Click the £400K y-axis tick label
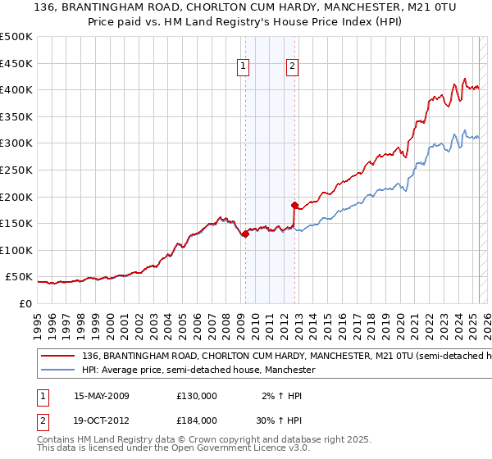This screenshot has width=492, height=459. (x=16, y=89)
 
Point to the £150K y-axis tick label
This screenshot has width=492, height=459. (x=16, y=223)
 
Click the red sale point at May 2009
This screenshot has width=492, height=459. (x=245, y=234)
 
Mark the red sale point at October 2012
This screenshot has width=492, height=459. (x=294, y=205)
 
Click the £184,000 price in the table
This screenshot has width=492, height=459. (x=197, y=420)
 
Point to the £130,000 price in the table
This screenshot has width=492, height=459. (x=197, y=396)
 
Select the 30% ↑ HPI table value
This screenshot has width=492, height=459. (x=276, y=420)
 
